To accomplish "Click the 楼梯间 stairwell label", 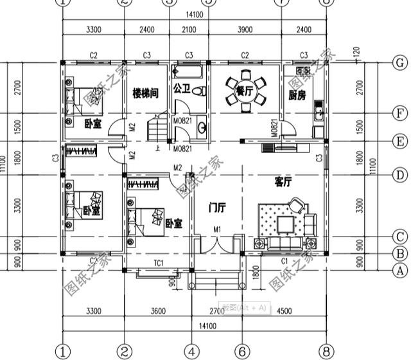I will point(146,93).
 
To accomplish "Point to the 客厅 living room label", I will point(283,183).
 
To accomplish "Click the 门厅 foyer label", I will point(217,208).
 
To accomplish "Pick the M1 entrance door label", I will point(217,230).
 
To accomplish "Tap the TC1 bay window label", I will point(159,262).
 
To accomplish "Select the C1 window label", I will point(284,262).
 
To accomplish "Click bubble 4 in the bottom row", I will point(191,351).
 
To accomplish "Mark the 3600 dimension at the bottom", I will point(158,311).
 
